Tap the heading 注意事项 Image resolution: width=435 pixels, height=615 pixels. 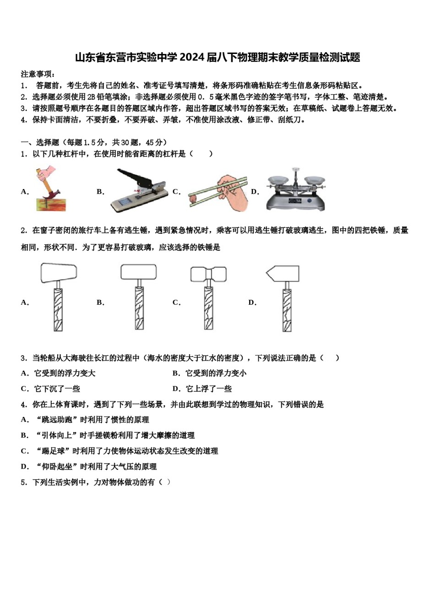tap(38, 74)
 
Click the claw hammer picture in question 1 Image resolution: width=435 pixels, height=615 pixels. tap(50, 189)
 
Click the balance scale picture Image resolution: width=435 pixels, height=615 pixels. tap(296, 190)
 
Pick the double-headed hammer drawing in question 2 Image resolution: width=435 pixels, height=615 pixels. tap(208, 297)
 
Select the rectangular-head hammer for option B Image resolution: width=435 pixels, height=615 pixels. tap(139, 297)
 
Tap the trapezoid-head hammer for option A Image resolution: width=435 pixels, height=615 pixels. tap(59, 297)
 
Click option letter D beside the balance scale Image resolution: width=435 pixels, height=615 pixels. tap(255, 192)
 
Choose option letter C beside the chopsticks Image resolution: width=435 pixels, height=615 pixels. tap(176, 192)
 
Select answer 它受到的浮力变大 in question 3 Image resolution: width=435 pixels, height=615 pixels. tap(65, 373)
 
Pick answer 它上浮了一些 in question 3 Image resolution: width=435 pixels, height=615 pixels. tap(209, 389)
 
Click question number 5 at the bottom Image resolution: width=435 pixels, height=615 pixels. tap(23, 482)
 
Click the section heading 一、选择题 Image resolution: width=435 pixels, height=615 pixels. tap(40, 142)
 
